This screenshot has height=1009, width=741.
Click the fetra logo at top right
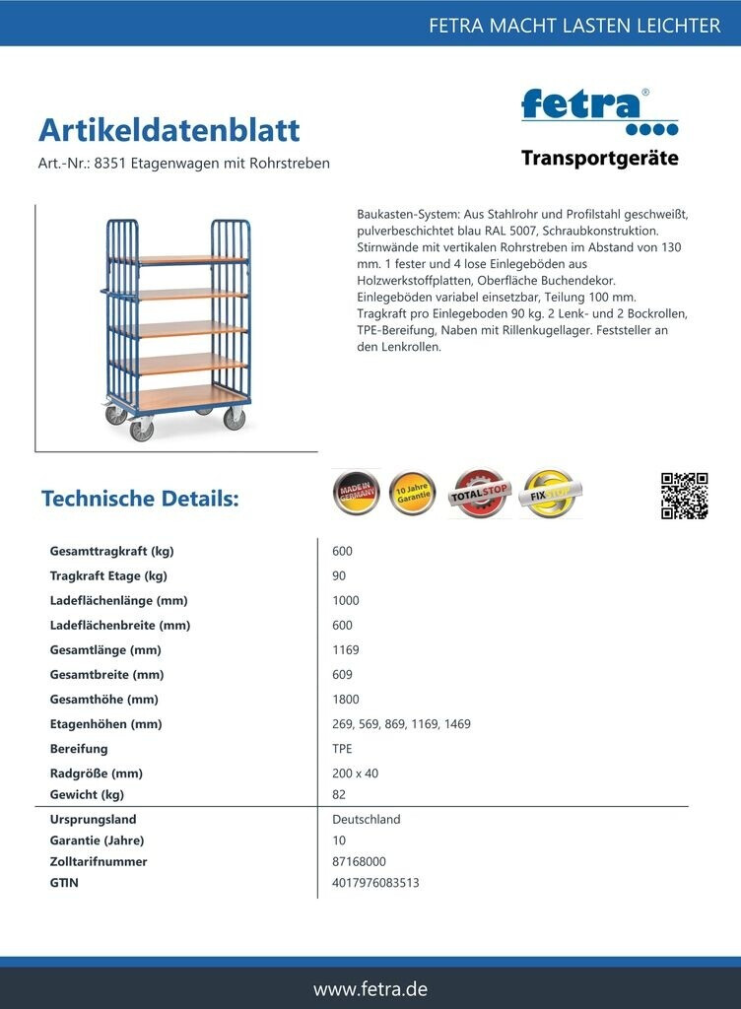(598, 111)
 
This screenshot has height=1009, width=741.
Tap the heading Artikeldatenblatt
(168, 130)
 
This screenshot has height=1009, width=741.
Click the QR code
(684, 496)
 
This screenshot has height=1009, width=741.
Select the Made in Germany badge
(356, 493)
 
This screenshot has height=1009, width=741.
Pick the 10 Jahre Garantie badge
(413, 493)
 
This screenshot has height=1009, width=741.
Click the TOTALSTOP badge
(479, 494)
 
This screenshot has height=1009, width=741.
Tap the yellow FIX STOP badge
(550, 494)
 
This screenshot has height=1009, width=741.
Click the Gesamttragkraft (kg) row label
(111, 551)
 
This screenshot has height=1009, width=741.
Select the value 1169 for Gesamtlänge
(346, 650)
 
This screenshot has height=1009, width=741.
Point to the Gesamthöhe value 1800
(346, 700)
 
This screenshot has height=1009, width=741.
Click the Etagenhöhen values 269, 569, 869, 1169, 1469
(401, 724)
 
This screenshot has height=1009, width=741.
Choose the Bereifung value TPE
(343, 749)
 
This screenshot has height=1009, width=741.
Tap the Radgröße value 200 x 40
(356, 774)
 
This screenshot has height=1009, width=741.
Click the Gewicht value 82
(340, 794)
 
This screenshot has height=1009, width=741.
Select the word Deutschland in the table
(367, 819)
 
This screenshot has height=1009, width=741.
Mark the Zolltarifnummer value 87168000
(360, 861)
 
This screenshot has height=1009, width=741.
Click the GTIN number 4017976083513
(375, 883)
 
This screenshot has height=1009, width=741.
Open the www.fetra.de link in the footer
(370, 988)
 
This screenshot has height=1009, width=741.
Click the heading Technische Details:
(140, 499)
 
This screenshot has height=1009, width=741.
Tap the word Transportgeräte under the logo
(599, 158)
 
